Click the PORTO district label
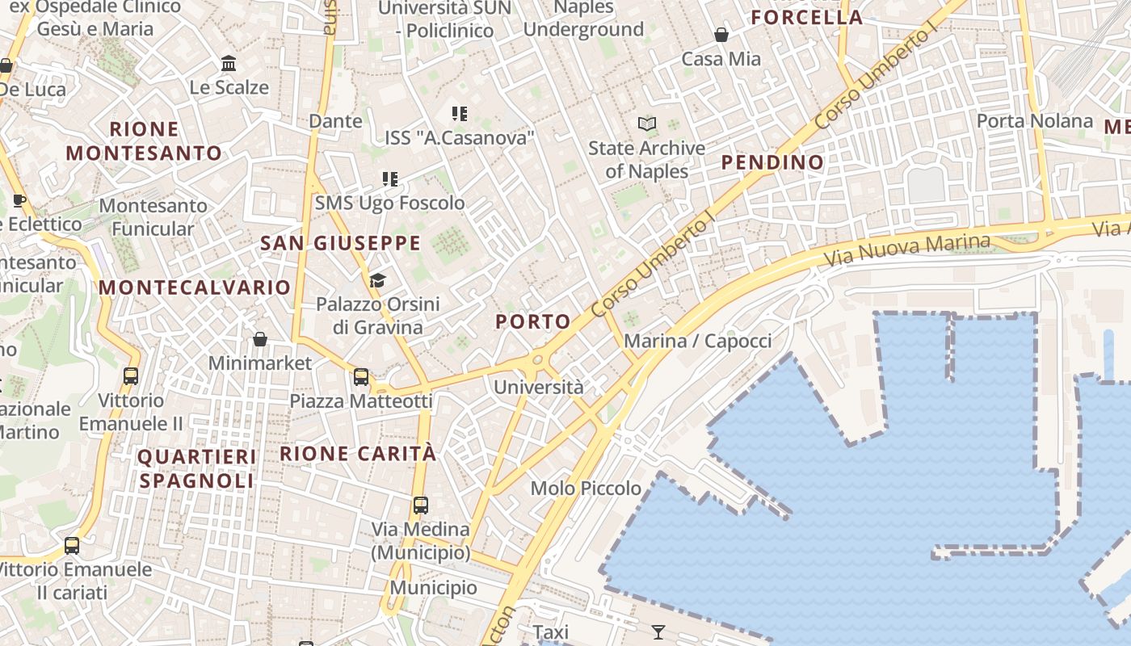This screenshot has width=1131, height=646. pyautogui.click(x=533, y=321)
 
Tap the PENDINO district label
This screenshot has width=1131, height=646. pyautogui.click(x=772, y=162)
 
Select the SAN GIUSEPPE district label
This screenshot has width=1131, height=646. pyautogui.click(x=340, y=243)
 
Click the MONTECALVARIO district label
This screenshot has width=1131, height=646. pyautogui.click(x=194, y=287)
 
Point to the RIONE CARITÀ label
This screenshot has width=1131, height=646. pyautogui.click(x=358, y=454)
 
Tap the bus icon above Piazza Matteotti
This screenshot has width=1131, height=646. pyautogui.click(x=361, y=377)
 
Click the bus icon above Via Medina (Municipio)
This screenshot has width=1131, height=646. pyautogui.click(x=420, y=505)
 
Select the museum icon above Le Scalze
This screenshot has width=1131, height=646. pyautogui.click(x=229, y=63)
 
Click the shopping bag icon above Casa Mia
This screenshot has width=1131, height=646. pyautogui.click(x=721, y=35)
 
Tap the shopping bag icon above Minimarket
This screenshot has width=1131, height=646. pyautogui.click(x=260, y=339)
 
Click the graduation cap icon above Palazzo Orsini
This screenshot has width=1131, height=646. pyautogui.click(x=377, y=280)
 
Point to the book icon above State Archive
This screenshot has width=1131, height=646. pyautogui.click(x=646, y=124)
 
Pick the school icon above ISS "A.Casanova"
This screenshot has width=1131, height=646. pyautogui.click(x=460, y=114)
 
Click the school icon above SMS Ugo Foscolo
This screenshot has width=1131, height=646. pyautogui.click(x=390, y=178)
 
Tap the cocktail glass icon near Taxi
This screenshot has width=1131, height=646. pyautogui.click(x=658, y=631)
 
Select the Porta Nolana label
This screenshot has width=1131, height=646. pyautogui.click(x=1034, y=121)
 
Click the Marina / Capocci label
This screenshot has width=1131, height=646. pyautogui.click(x=698, y=341)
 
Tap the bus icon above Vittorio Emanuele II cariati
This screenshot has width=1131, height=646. pyautogui.click(x=72, y=546)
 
